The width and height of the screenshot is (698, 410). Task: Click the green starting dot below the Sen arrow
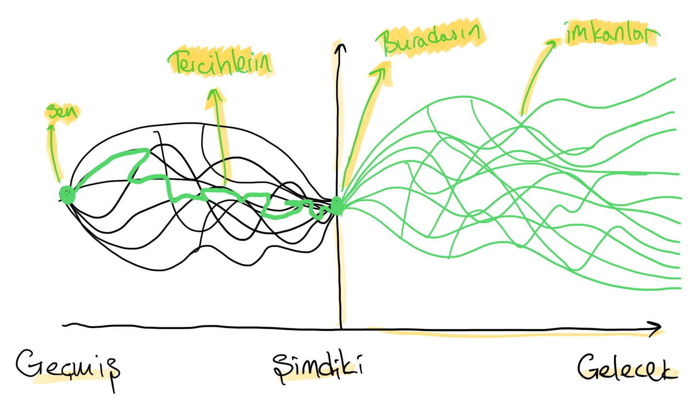68,195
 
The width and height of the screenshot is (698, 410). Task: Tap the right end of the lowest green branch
680,288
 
